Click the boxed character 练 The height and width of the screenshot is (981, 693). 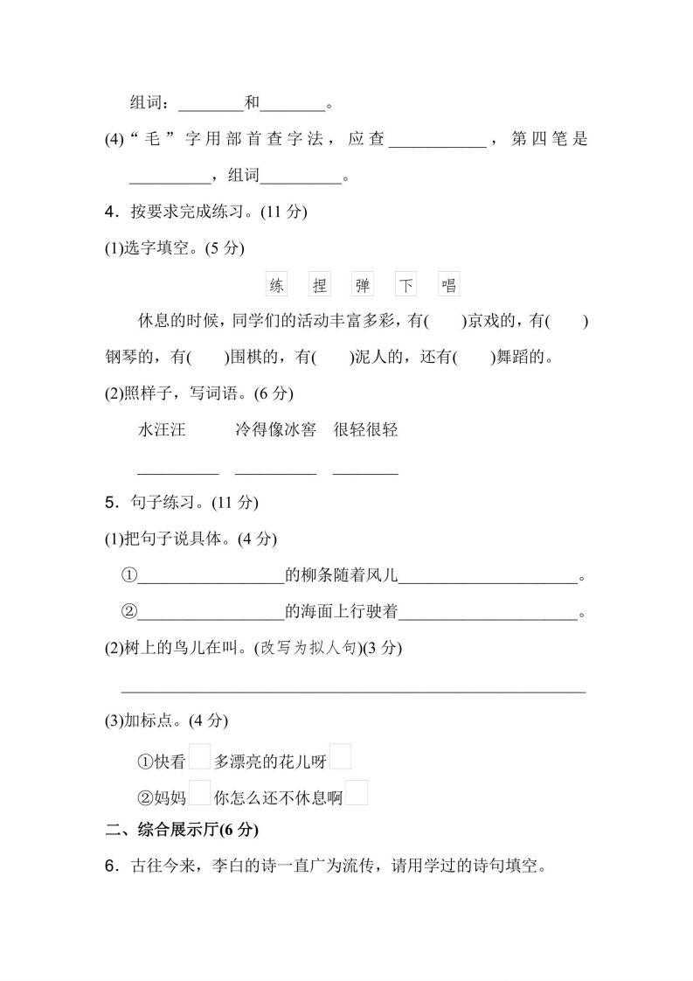click(276, 285)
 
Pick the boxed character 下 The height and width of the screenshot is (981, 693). click(406, 285)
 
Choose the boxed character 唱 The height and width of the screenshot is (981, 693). click(449, 285)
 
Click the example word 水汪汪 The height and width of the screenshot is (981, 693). click(162, 429)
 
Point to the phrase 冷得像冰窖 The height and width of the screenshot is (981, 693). click(275, 429)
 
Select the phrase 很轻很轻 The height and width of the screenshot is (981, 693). click(365, 429)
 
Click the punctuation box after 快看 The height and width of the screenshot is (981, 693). click(200, 756)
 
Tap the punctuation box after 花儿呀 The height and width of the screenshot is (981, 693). click(341, 756)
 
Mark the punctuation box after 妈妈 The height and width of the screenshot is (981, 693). click(200, 792)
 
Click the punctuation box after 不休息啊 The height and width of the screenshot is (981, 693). click(357, 792)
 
